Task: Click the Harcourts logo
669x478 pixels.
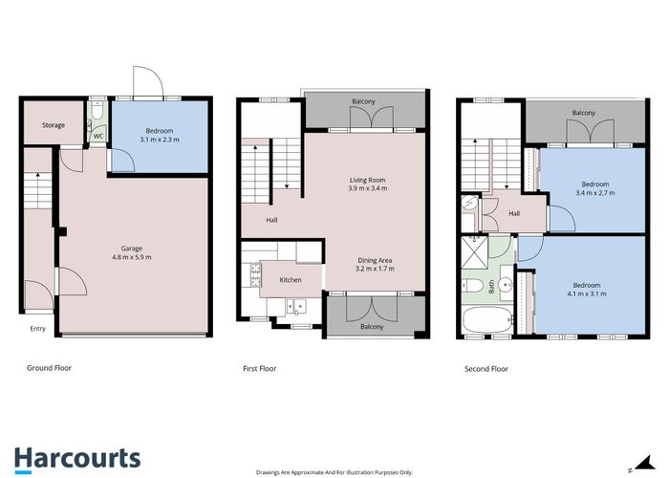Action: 77,460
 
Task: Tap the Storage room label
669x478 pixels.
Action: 54,125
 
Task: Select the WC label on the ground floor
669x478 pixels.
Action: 98,136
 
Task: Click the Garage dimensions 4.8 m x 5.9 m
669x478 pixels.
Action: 132,257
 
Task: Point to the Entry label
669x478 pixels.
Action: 37,329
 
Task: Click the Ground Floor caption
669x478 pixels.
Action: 49,368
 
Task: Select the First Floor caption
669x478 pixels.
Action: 259,368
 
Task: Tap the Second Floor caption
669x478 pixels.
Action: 486,369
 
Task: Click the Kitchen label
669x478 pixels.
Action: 291,280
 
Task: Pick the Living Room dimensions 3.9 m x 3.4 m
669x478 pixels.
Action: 368,188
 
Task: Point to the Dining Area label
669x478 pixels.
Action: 375,260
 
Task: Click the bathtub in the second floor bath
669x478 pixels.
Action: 488,319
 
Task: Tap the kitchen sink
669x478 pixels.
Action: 296,307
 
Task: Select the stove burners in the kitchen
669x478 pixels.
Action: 255,274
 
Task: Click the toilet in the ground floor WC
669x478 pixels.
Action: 97,111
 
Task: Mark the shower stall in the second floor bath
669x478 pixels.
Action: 474,252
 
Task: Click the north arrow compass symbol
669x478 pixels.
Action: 642,464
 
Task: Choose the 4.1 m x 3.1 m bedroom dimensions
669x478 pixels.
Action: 586,293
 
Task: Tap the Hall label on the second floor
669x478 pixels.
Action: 514,213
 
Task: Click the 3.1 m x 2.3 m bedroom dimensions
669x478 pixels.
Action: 160,140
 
